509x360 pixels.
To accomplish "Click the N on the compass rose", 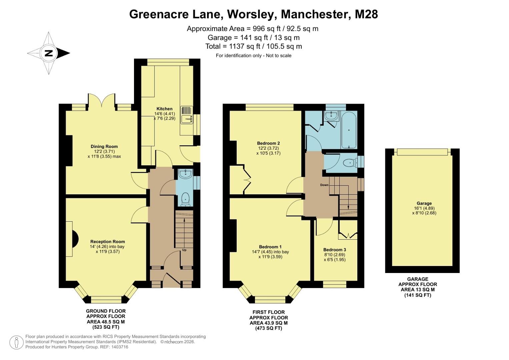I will pos(49,53).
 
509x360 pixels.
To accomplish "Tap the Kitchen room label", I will pos(164,109).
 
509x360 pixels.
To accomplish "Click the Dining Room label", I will pos(104,146).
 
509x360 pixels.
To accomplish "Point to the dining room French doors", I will pos(102,100).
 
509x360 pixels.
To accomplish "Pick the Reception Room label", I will pos(107,242).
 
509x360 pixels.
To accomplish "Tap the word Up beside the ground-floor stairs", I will pos(184,250).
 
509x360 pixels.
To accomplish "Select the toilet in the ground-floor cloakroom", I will pos(185,199).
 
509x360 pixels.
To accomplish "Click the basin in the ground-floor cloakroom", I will pos(185,174).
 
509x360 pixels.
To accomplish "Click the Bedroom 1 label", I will pos(270,247).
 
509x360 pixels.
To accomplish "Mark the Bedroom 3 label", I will pos(334,250).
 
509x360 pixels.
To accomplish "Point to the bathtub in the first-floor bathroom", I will pos(349,130).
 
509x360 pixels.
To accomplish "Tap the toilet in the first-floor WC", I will pos(349,163).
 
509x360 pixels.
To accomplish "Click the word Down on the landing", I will pos(324,185).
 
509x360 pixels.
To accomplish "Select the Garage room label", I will pos(424,203).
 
